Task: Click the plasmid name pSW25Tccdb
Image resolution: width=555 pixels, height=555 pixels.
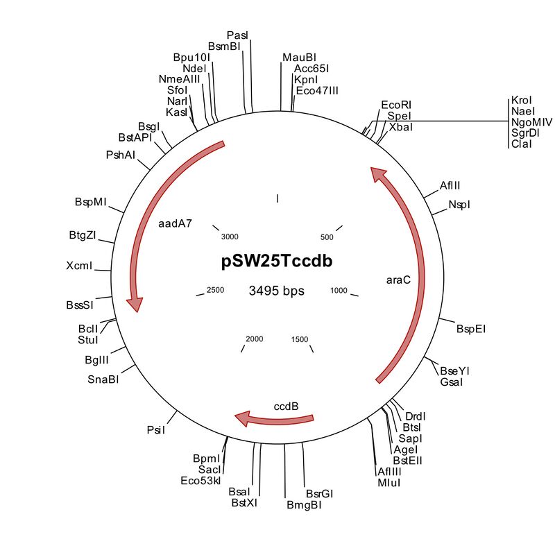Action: (277, 262)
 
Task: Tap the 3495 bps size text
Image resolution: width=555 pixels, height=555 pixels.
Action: (276, 291)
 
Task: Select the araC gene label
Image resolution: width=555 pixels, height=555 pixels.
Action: (398, 280)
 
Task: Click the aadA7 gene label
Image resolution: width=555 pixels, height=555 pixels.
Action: (176, 223)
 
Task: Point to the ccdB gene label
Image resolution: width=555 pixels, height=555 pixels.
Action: (286, 407)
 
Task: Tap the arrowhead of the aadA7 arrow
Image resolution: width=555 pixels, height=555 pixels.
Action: (135, 305)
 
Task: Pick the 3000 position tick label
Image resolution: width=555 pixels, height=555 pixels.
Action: (230, 237)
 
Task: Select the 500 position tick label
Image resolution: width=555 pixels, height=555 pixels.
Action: (327, 237)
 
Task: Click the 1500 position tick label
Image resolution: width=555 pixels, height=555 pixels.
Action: (300, 339)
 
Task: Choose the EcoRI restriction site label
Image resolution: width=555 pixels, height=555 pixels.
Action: (396, 105)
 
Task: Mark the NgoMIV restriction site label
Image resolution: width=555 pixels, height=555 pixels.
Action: (531, 122)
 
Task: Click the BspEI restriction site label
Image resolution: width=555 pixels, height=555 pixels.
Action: (471, 329)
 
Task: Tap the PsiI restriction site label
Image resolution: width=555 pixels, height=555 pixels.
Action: (156, 429)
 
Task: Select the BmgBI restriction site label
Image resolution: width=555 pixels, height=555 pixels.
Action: (304, 505)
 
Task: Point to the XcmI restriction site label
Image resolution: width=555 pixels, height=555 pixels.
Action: (79, 266)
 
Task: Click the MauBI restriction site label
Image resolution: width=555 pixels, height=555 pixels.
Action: (300, 58)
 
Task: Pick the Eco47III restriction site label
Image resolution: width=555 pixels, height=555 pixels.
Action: (317, 91)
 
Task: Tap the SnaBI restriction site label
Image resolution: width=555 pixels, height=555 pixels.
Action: (103, 379)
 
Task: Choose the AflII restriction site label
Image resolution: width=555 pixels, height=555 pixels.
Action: (450, 185)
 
